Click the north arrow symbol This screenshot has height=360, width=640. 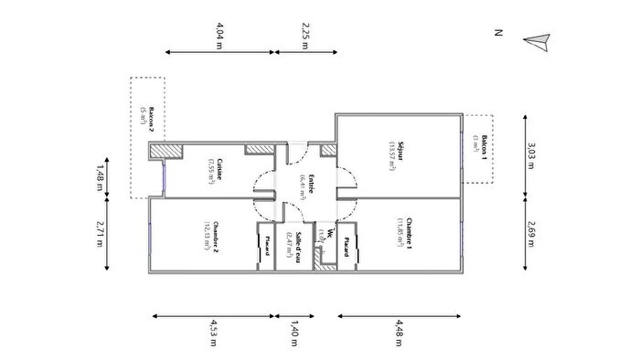pos(539,40)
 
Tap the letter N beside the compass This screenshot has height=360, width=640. pos(499,34)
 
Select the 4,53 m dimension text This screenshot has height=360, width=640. pos(213,328)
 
